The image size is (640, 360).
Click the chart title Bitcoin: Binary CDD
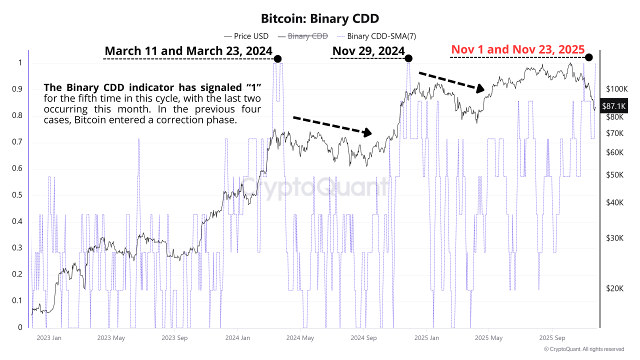point(320,18)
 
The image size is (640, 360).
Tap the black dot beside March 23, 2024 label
point(278,59)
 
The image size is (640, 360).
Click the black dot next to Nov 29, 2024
point(408,58)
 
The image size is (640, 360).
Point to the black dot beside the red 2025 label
point(589,57)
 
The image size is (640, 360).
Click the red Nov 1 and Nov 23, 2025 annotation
point(518,49)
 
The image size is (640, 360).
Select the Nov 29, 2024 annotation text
point(368,51)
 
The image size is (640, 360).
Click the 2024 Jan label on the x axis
point(238,337)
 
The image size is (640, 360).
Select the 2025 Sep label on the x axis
point(552,337)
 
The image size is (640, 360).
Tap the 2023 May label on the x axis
point(111,337)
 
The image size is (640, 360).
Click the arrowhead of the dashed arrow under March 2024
point(368,132)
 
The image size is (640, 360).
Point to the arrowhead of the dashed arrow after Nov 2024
point(480,89)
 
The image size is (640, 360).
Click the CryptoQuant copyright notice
point(583,349)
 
